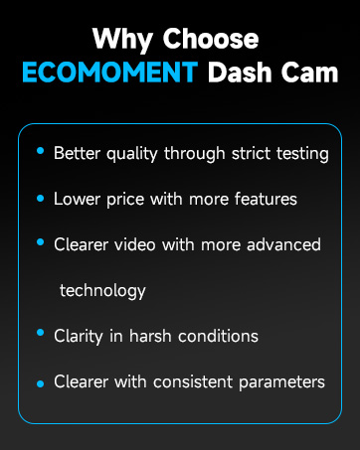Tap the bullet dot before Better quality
pyautogui.click(x=40, y=151)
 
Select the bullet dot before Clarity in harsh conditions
pyautogui.click(x=40, y=334)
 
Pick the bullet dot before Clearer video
pyautogui.click(x=40, y=242)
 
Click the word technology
pyautogui.click(x=102, y=291)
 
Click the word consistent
pyautogui.click(x=189, y=381)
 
